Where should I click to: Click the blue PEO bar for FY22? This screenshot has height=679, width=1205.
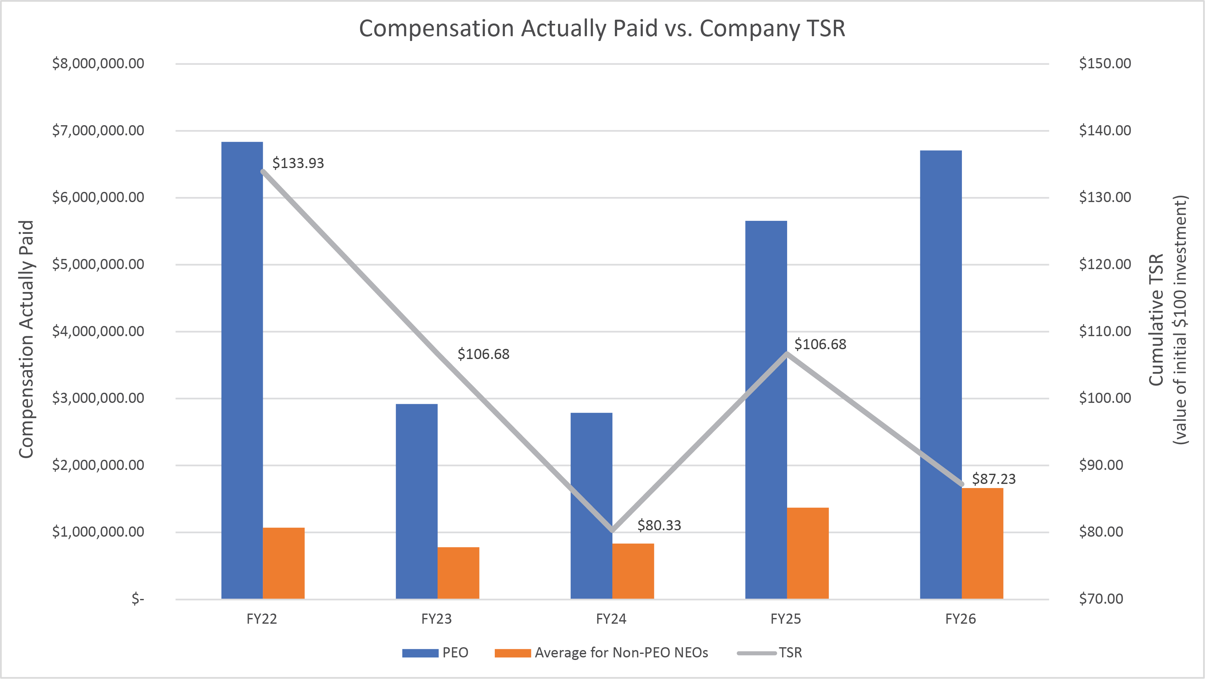[x=242, y=370]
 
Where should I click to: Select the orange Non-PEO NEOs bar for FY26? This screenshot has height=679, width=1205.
[x=982, y=543]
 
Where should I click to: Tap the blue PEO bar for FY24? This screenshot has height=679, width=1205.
[x=591, y=505]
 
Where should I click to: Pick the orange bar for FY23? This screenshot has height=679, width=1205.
[x=459, y=573]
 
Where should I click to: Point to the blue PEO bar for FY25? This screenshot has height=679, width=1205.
[x=766, y=409]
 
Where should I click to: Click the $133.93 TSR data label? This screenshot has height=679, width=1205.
[x=298, y=163]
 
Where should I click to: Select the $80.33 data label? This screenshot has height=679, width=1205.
[x=659, y=525]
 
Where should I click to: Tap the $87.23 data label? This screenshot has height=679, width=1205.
[x=994, y=479]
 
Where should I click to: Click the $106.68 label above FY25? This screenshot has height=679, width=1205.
[x=820, y=344]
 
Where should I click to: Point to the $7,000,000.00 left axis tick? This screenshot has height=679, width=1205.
[x=98, y=131]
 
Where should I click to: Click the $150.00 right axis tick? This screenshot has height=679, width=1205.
[x=1105, y=64]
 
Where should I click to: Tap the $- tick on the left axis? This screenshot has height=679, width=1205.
[x=138, y=599]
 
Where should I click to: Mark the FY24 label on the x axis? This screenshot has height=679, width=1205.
[x=611, y=619]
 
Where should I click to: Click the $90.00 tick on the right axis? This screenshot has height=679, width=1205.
[x=1101, y=465]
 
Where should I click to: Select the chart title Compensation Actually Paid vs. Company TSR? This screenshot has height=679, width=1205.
[x=602, y=29]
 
